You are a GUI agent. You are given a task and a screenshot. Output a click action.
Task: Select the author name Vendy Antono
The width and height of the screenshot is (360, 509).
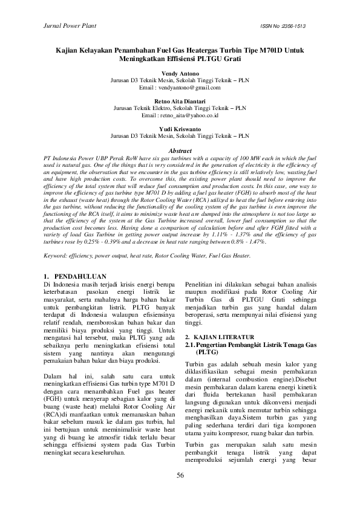point(180,73)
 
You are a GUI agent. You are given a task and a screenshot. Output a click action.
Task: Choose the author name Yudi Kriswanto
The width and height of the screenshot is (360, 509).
point(180,129)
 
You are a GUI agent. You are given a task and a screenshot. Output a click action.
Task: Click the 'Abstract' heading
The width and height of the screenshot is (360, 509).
point(180,151)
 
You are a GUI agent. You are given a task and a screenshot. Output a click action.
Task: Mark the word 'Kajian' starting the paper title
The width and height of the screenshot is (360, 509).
point(70,51)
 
